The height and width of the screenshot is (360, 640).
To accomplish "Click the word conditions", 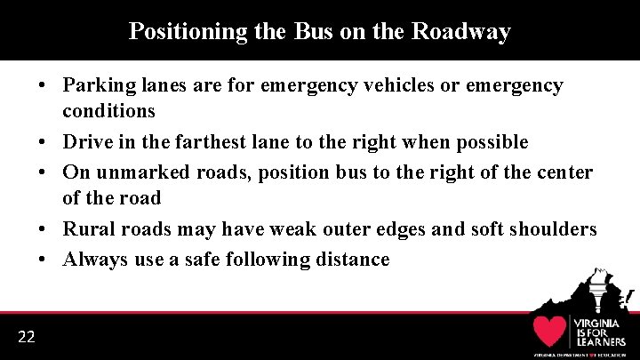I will point(108,112).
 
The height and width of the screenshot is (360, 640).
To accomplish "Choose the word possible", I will point(492,142).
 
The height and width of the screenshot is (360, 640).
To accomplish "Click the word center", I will point(562,172).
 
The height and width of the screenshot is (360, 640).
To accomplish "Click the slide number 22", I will point(26,336).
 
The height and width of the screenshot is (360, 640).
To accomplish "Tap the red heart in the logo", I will point(549,331).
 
